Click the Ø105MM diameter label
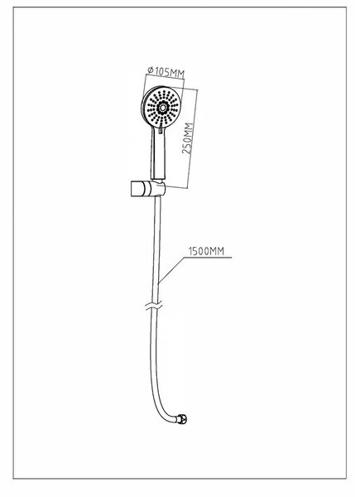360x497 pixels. click(x=166, y=71)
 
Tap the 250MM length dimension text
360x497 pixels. click(x=187, y=138)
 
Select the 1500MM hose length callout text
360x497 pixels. click(x=206, y=251)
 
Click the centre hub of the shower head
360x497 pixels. click(x=162, y=108)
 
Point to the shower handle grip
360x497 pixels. click(x=157, y=154)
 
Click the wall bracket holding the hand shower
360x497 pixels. click(x=147, y=189)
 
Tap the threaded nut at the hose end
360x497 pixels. click(x=182, y=419)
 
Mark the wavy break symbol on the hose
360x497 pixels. click(x=154, y=306)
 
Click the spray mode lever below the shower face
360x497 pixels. click(x=161, y=129)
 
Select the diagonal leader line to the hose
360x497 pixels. click(x=171, y=269)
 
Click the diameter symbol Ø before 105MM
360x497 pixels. click(x=151, y=70)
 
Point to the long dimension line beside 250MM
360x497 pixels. click(x=193, y=139)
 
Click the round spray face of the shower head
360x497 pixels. click(x=162, y=108)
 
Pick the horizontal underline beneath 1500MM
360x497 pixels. click(x=208, y=258)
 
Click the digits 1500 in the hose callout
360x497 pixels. click(x=199, y=251)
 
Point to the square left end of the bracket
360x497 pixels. click(x=137, y=189)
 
